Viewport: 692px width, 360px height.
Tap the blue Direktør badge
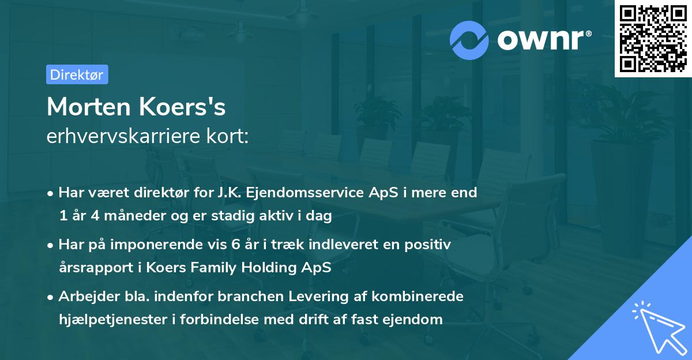(x=77, y=74)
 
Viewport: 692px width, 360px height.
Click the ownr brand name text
(x=543, y=40)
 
